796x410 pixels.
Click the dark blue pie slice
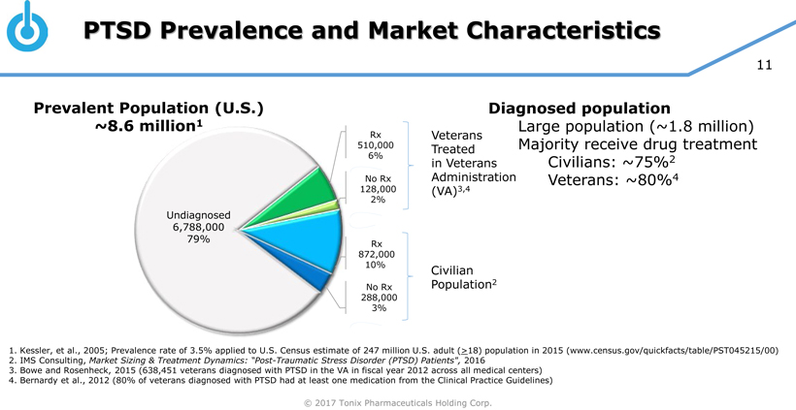[x=315, y=273]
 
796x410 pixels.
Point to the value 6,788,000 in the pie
[x=197, y=227]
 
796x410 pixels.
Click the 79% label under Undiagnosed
[x=198, y=239]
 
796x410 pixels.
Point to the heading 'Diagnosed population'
[x=580, y=109]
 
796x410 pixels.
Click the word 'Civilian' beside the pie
[x=451, y=269]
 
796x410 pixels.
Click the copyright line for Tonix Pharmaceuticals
[x=397, y=401]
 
